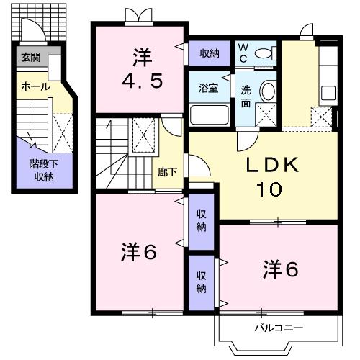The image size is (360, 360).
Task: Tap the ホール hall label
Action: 35,86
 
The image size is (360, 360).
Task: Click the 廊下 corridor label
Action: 167,173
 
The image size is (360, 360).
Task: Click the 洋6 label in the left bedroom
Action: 140,253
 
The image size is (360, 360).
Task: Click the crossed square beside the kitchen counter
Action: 318,116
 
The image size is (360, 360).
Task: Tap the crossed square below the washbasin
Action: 266,114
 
